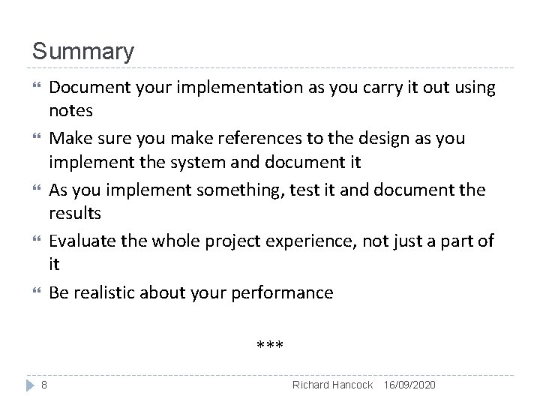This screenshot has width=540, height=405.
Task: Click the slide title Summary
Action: [83, 52]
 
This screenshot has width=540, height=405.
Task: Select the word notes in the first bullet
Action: [70, 110]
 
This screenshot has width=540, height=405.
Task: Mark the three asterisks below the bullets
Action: [269, 346]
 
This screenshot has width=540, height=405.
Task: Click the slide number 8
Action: [44, 385]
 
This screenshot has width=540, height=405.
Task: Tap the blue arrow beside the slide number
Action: [29, 385]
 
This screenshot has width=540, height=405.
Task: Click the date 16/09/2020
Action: [408, 385]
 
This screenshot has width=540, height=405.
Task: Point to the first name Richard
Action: [310, 385]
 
